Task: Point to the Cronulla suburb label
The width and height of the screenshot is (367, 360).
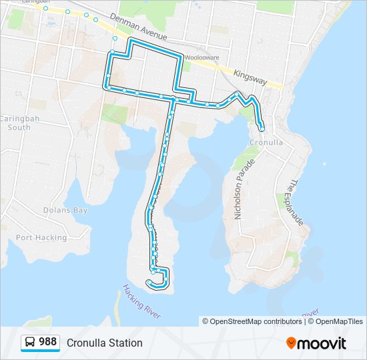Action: coord(266,143)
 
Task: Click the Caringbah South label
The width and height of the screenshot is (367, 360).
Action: coord(15,123)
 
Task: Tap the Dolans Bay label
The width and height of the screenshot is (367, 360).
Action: coord(65,210)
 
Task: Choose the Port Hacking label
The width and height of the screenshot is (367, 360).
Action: coord(41,237)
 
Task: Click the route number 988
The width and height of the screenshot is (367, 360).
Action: coord(47,342)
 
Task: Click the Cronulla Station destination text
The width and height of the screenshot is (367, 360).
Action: coord(105,343)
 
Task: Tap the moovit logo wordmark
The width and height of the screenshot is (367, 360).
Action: coord(322,343)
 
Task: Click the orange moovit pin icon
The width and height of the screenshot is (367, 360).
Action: coord(292,343)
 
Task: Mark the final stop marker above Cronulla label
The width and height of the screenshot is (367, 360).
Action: coord(262,128)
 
